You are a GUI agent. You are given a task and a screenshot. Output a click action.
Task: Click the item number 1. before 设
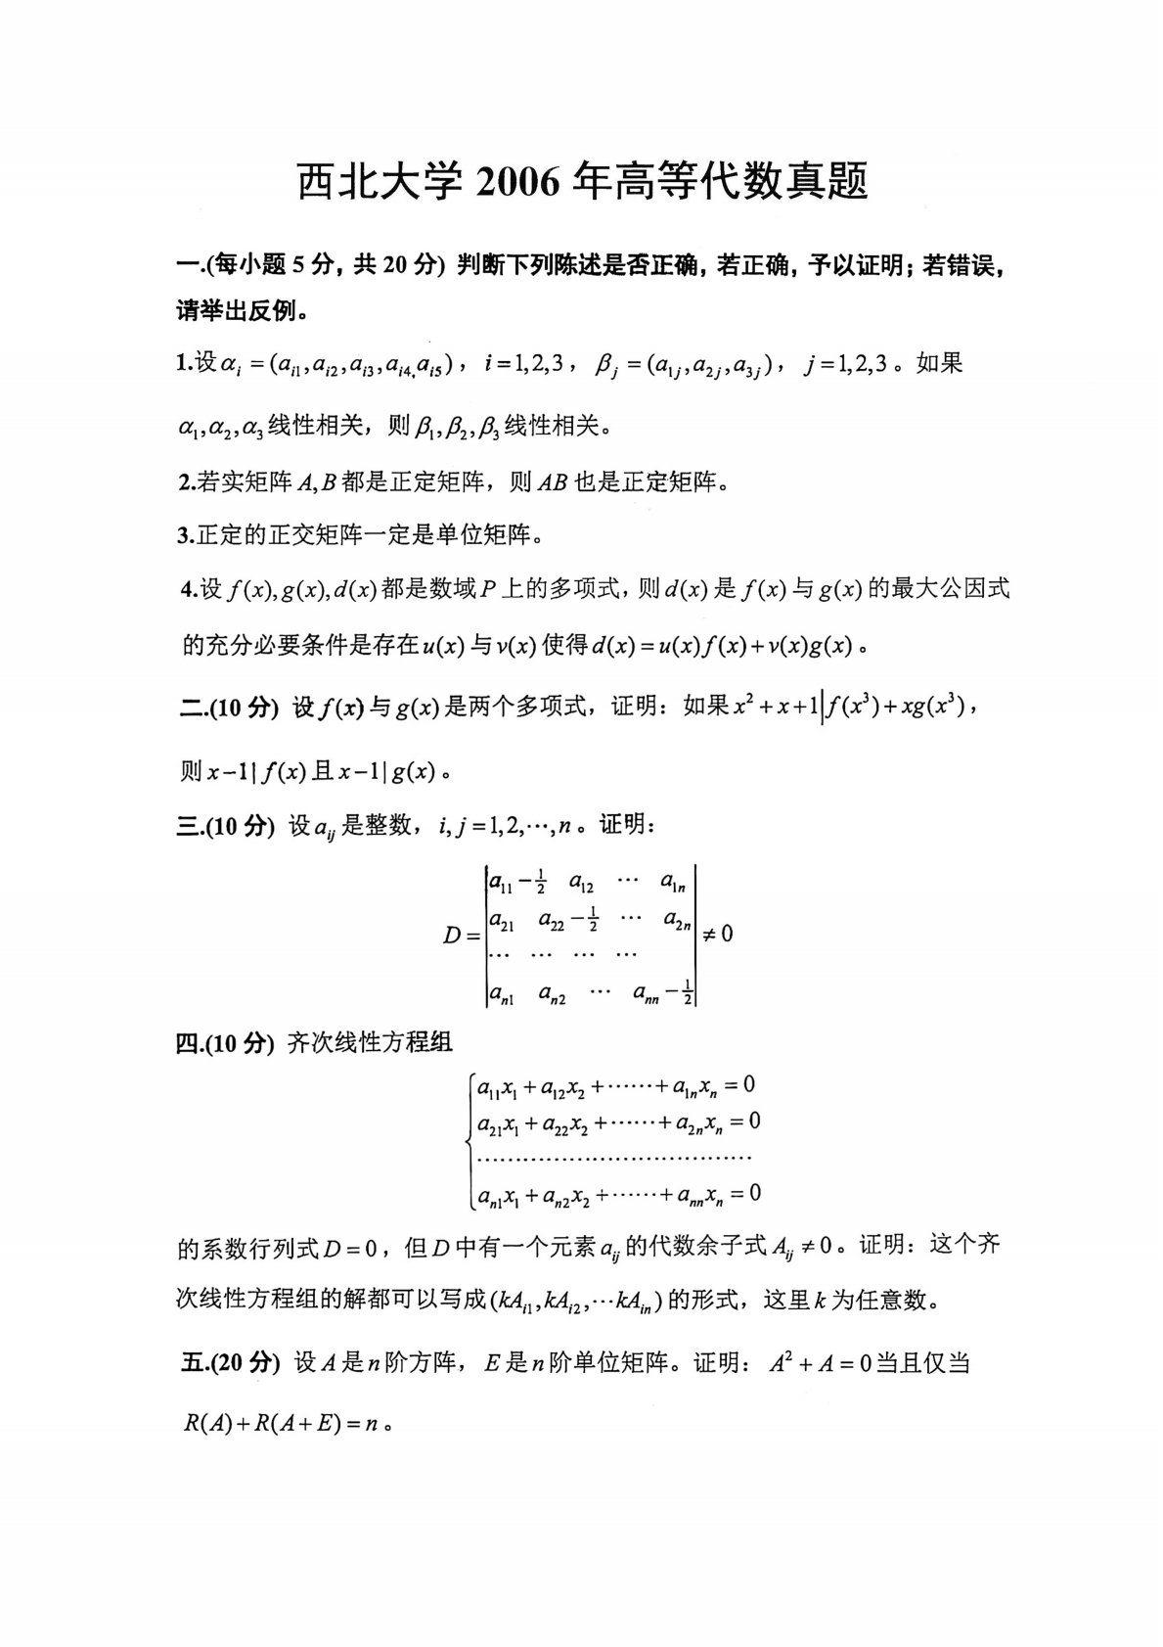pos(184,364)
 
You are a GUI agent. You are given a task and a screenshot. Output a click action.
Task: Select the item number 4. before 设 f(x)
pos(189,589)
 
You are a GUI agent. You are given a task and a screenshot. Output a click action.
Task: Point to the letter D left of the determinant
pos(452,936)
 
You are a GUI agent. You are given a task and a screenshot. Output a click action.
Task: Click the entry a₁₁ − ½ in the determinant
pos(515,884)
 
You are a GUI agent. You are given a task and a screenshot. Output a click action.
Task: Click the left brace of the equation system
pos(470,1139)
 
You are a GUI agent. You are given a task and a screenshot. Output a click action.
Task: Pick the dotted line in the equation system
pos(611,1159)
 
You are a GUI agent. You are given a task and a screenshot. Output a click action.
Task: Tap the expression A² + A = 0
pos(818,1362)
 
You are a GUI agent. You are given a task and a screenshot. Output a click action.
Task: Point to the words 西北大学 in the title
pos(380,182)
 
